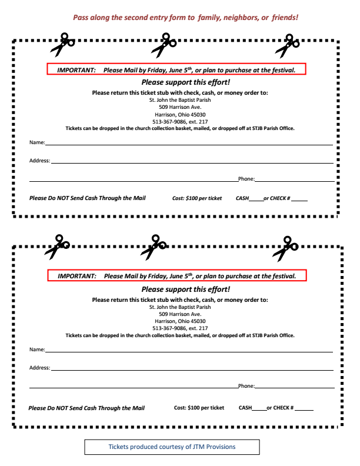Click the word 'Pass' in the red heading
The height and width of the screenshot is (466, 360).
[x=81, y=18]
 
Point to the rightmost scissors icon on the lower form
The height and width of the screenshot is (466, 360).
[x=286, y=248]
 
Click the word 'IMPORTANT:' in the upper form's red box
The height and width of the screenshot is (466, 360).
[x=76, y=70]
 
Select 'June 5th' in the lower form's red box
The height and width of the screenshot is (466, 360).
[x=180, y=276]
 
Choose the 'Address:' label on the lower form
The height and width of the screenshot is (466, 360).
[x=39, y=368]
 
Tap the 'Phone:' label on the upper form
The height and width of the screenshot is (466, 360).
[x=246, y=179]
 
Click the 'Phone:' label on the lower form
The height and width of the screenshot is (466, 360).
[x=246, y=387]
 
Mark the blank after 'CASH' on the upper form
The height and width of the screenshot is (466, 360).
[x=256, y=199]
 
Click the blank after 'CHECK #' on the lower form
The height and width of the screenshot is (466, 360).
[x=305, y=409]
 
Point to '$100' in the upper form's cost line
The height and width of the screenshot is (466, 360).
[x=192, y=198]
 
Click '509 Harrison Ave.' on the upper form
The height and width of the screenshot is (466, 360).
[x=180, y=107]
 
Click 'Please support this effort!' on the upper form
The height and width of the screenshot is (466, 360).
[x=186, y=83]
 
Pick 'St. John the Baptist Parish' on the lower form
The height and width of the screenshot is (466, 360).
[x=180, y=307]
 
